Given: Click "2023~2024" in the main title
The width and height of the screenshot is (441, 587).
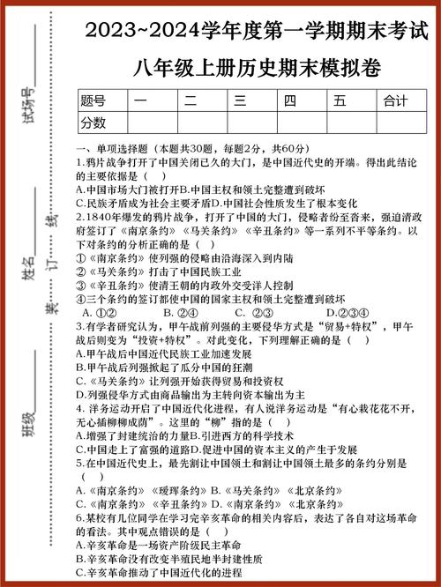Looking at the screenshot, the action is pyautogui.click(x=132, y=32).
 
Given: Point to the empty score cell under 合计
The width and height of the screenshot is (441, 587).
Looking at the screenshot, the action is pyautogui.click(x=401, y=123).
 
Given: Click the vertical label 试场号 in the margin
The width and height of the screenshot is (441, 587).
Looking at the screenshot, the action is pyautogui.click(x=30, y=107).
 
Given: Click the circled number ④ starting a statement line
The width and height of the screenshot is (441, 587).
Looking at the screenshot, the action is pyautogui.click(x=80, y=298).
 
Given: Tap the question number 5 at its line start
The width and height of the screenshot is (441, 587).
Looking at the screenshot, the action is pyautogui.click(x=79, y=463).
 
